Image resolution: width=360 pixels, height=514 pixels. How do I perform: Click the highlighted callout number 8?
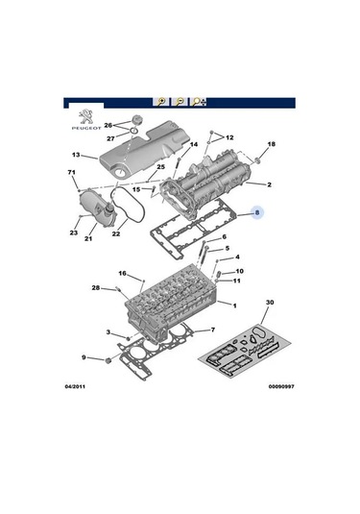click(257, 212)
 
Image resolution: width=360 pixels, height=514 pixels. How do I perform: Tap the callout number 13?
click(76, 155)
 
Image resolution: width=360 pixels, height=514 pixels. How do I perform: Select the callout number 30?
click(270, 303)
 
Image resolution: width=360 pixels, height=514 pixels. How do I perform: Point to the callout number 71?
click(72, 172)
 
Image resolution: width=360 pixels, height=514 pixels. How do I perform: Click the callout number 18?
click(272, 144)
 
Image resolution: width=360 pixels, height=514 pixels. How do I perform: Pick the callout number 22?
click(116, 234)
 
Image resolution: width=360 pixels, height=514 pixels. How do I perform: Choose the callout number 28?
click(96, 288)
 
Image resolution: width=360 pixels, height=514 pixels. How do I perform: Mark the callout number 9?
click(84, 357)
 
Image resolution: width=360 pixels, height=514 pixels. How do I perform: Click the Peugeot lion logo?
click(86, 117)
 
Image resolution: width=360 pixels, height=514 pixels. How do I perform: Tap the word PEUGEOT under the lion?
click(86, 128)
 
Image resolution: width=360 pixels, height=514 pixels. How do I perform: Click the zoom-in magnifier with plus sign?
click(161, 102)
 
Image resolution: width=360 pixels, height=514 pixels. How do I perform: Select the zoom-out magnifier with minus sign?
click(180, 102)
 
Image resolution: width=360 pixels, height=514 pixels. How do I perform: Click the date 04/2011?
click(75, 386)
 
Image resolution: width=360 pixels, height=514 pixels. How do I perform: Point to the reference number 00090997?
click(281, 386)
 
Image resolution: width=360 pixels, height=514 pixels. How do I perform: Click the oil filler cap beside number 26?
click(135, 120)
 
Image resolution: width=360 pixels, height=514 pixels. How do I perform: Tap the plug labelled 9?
click(108, 361)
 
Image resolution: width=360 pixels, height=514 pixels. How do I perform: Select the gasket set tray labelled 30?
click(245, 352)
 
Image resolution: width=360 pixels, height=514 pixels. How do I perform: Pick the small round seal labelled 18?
click(257, 160)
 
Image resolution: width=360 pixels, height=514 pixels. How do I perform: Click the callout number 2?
click(269, 184)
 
